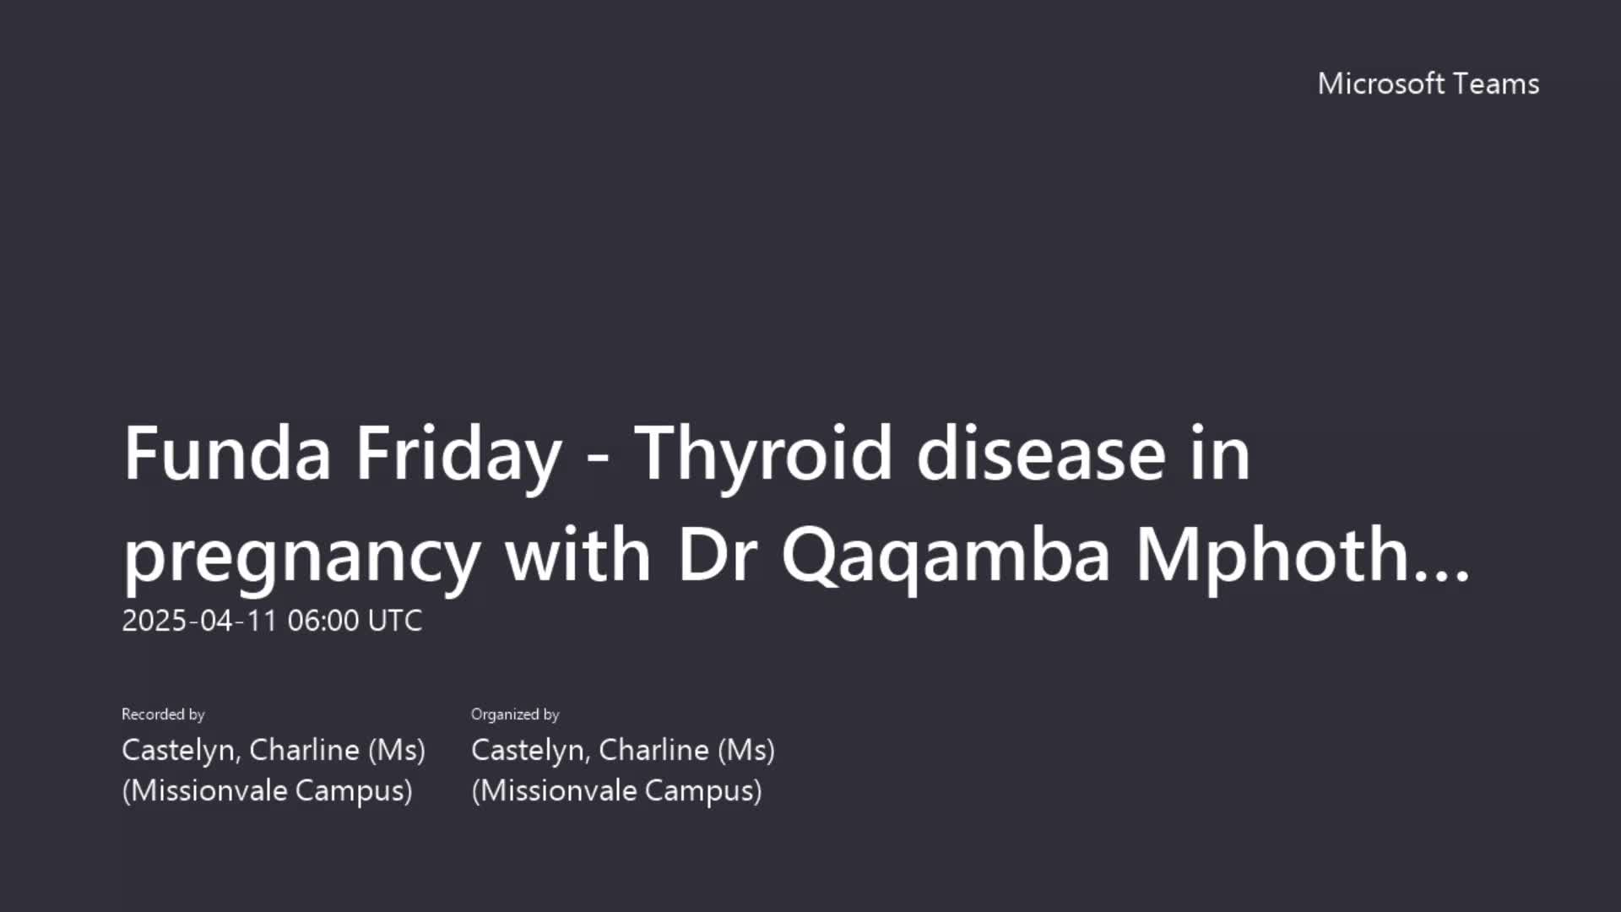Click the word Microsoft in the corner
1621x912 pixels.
pos(1381,84)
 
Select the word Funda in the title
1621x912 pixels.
pos(227,453)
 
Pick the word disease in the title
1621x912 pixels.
pos(1041,453)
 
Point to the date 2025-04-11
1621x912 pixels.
pos(200,621)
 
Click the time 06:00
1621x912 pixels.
pos(323,621)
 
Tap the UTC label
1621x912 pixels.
pos(395,621)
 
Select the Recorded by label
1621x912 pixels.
pos(163,714)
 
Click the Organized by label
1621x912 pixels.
pos(515,714)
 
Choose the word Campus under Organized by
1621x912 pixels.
pos(703,791)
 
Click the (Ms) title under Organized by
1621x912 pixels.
pos(746,750)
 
